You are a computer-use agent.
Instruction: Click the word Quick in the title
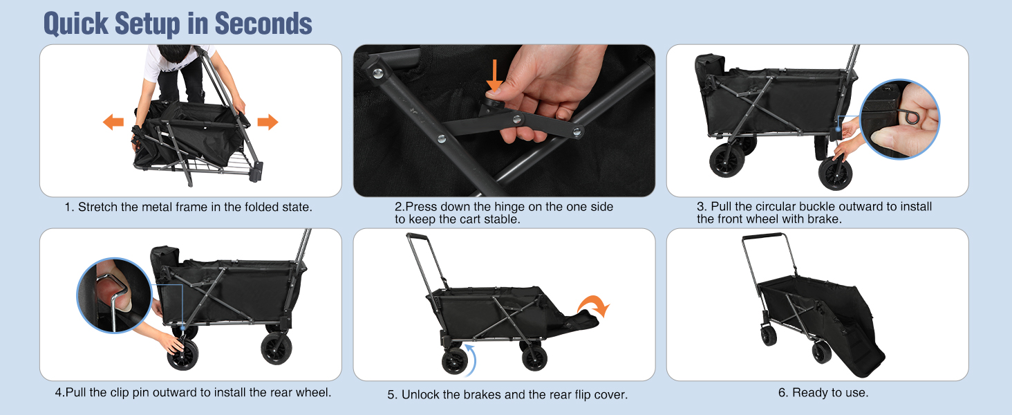tap(76, 24)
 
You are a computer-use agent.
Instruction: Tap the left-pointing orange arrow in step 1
tap(113, 122)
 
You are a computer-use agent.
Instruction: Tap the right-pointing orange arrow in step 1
tap(268, 122)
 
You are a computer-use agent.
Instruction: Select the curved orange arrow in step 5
tap(594, 305)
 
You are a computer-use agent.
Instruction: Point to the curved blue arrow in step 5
tap(471, 360)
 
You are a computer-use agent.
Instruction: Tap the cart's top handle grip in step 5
tap(418, 236)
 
